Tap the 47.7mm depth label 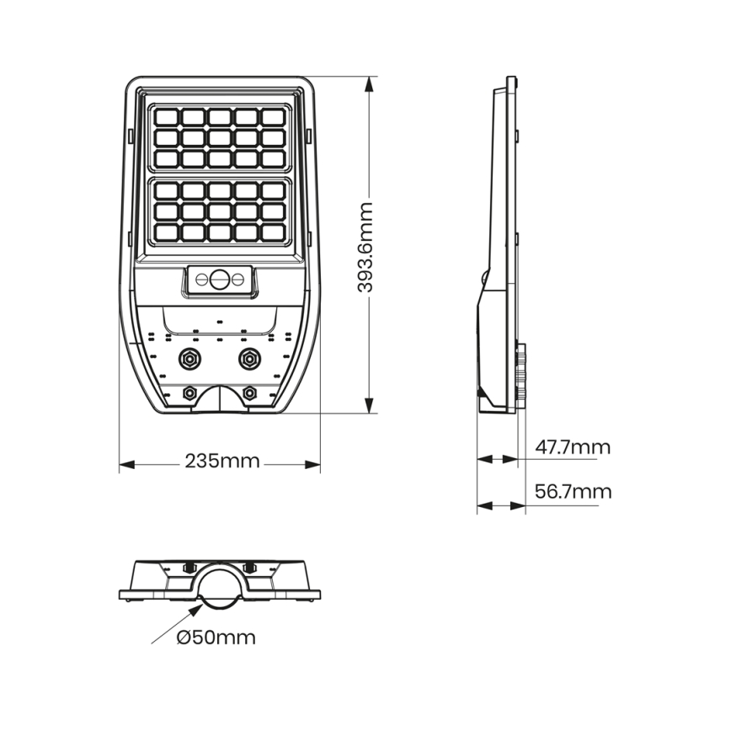[573, 447]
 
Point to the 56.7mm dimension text [573, 492]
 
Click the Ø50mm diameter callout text [216, 637]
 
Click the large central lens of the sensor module [220, 279]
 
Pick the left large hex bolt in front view [189, 359]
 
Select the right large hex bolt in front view [248, 359]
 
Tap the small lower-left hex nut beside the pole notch [189, 392]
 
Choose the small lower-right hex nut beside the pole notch [249, 392]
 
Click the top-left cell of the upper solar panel [166, 116]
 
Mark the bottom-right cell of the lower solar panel [272, 231]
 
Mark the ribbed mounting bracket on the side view [521, 375]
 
